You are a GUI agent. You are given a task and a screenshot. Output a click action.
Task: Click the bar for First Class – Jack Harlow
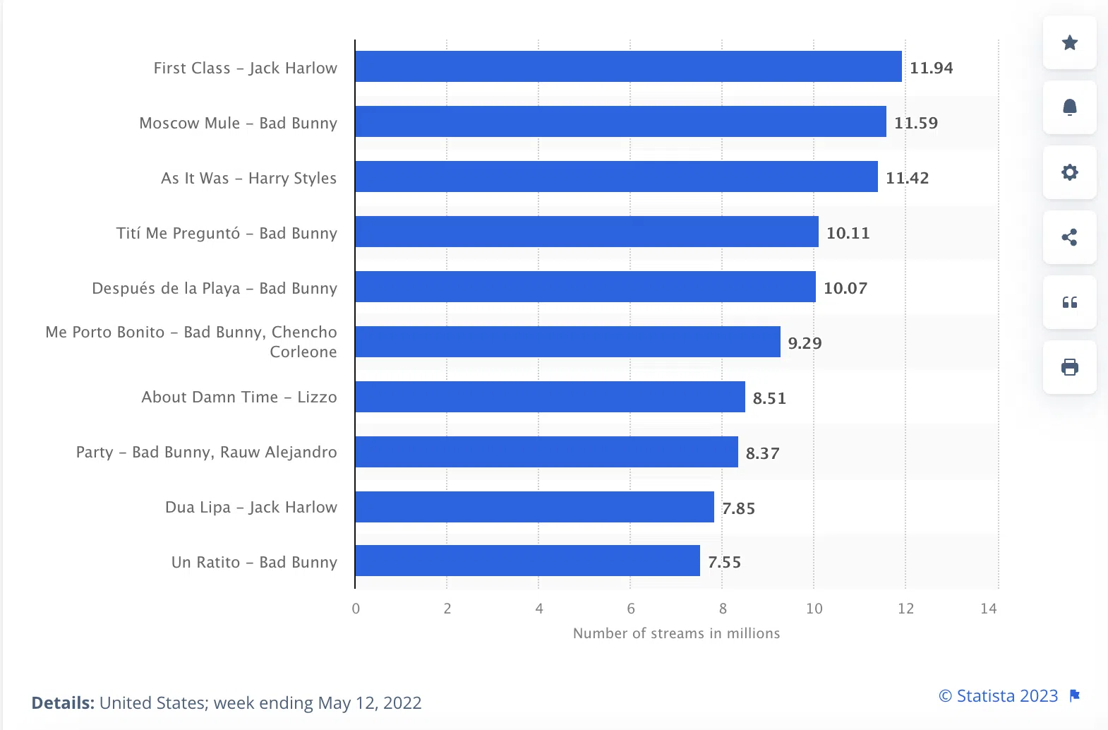coord(628,66)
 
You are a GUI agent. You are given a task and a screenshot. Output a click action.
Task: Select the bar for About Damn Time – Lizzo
coord(550,397)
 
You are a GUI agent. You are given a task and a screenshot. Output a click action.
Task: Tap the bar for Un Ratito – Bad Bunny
coord(527,561)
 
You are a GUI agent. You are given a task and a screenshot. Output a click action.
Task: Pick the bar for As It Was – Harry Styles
coord(616,176)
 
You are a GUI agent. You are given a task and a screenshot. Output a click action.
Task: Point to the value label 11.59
coord(915,123)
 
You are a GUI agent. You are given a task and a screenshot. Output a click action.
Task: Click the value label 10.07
coord(845,288)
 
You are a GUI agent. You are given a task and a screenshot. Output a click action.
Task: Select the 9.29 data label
coord(805,343)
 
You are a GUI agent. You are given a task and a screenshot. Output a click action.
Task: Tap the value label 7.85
coord(738,508)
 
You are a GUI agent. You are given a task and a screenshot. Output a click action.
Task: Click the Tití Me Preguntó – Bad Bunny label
coord(227,233)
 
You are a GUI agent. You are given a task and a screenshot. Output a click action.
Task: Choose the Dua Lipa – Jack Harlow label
coord(251,507)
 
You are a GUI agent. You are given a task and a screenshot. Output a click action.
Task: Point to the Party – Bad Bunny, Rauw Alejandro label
coord(206,452)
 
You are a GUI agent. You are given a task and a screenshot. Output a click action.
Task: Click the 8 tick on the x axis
coord(723,609)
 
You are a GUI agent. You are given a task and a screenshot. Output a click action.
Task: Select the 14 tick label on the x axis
coord(988,609)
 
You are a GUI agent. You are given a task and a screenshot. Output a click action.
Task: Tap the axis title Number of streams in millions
coord(676,633)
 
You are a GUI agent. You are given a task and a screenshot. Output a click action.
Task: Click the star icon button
coord(1069,42)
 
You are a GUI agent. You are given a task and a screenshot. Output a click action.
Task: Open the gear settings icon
coord(1069,172)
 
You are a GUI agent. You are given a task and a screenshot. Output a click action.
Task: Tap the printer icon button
coord(1069,367)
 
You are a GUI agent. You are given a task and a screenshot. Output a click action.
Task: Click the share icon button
coord(1069,237)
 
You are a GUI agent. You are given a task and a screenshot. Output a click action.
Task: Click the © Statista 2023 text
coord(998,696)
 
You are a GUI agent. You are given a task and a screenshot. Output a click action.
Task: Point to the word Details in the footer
coord(62,703)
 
